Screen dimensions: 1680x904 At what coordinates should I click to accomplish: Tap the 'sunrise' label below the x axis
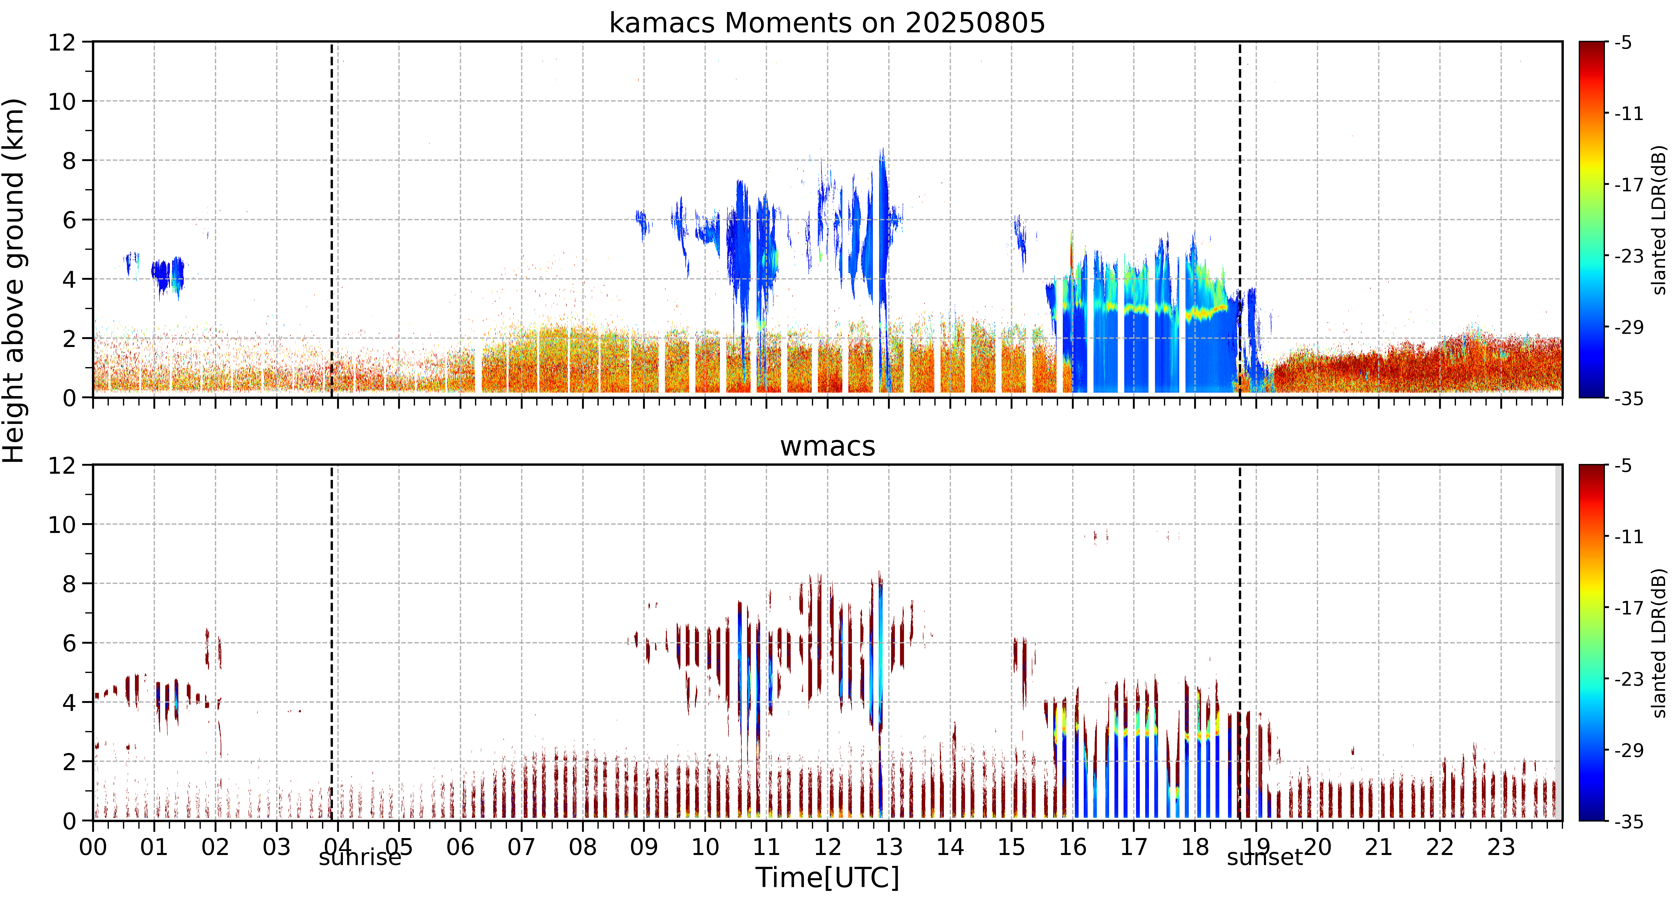click(360, 857)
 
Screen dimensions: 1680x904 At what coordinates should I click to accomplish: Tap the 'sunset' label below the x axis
click(1265, 857)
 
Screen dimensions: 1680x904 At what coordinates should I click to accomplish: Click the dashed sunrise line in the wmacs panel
click(331, 643)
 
